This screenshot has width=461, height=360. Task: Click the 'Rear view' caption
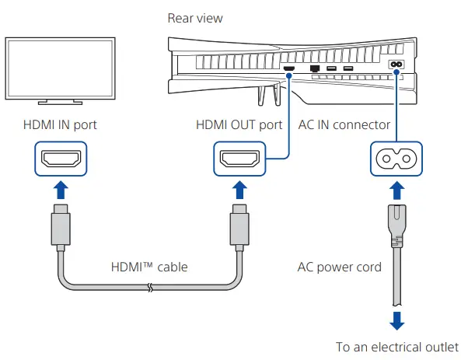195,18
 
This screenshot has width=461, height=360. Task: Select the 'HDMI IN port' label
60,124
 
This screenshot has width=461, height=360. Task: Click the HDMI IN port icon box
61,159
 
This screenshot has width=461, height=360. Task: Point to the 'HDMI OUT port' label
239,124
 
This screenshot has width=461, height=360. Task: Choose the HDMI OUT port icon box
239,159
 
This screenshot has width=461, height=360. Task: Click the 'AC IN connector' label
344,124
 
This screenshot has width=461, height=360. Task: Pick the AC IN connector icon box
396,159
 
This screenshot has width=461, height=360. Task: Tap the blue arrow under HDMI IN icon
61,190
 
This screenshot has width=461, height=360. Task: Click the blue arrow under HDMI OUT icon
239,190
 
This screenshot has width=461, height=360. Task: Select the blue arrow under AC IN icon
397,190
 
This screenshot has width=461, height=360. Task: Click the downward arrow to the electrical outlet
397,321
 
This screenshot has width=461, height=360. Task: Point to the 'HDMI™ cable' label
149,267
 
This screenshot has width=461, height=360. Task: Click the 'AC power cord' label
340,267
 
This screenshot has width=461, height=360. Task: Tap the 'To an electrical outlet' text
397,347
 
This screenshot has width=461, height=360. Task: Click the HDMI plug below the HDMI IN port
61,225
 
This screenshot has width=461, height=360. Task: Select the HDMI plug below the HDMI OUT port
239,225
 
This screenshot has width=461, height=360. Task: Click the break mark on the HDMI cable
150,288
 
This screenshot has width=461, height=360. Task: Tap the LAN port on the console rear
315,68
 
